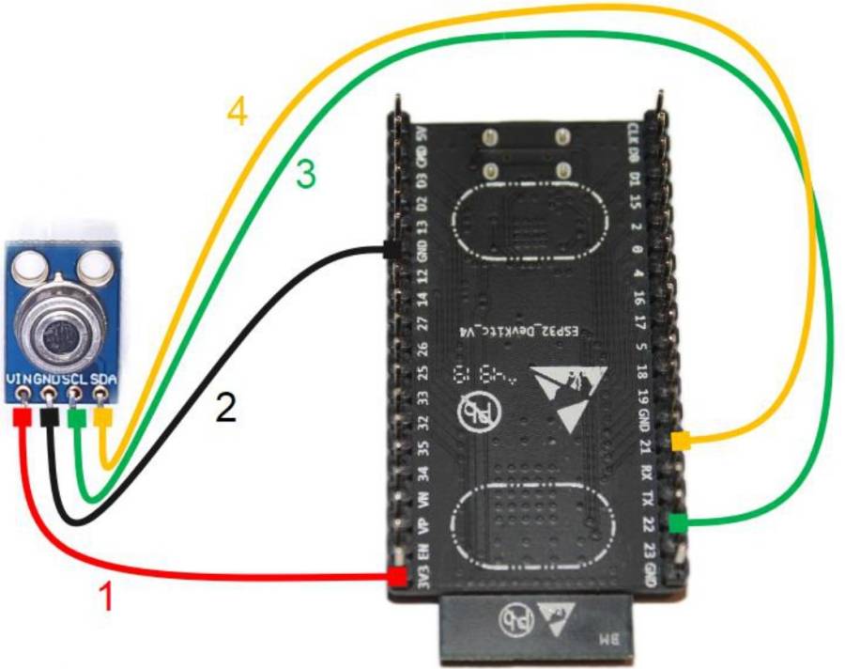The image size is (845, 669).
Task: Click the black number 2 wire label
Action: tap(225, 407)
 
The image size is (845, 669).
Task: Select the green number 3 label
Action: tap(306, 174)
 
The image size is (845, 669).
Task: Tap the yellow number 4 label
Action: tap(237, 113)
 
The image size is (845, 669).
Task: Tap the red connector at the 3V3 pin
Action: tap(398, 577)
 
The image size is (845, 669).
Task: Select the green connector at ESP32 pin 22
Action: tap(678, 521)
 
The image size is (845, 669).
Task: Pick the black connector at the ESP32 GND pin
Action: tap(390, 250)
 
